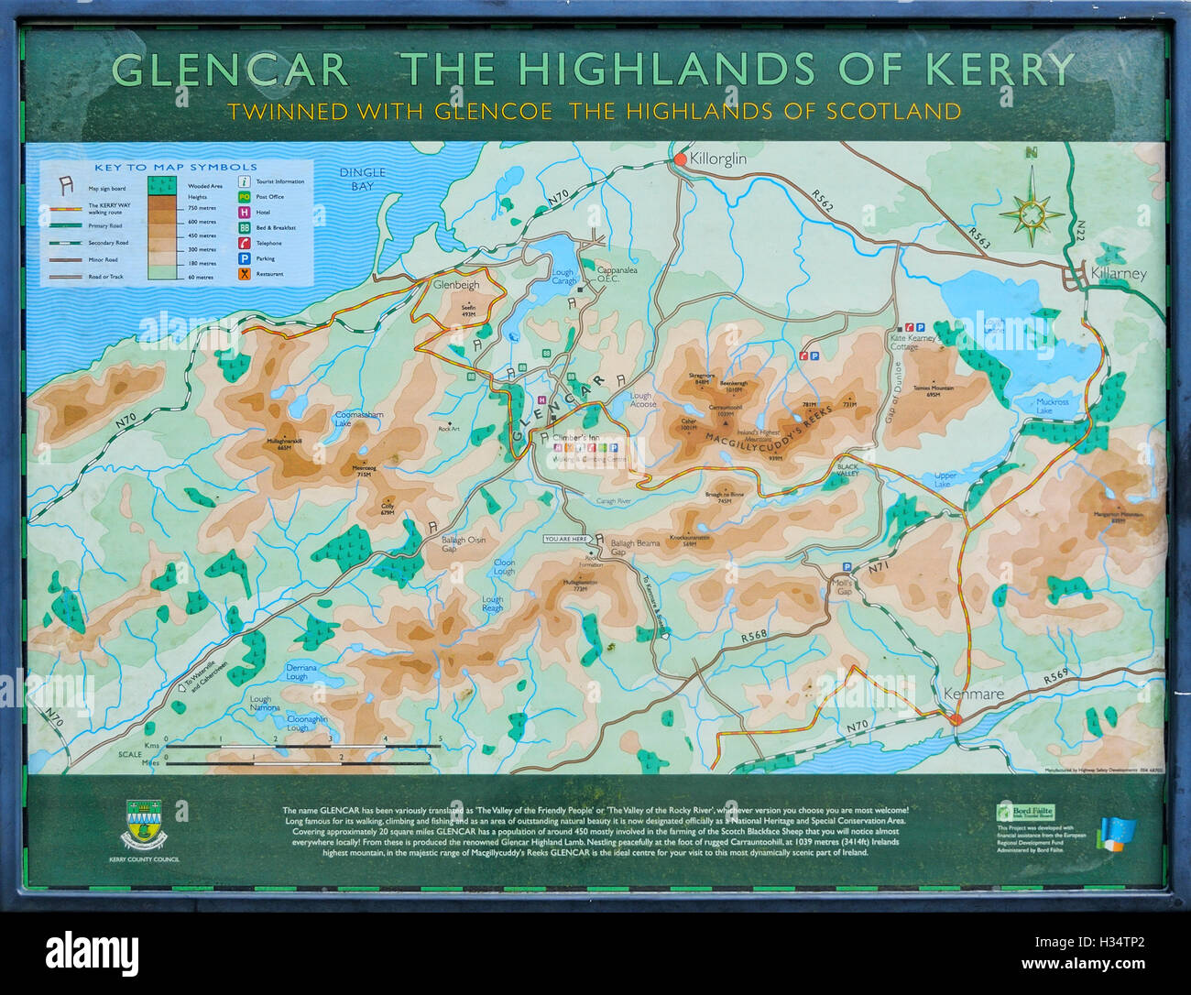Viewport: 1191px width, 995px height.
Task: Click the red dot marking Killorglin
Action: [x=681, y=159]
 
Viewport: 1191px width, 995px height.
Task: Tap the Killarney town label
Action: [x=1118, y=274]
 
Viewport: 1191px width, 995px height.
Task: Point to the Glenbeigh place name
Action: [x=456, y=285]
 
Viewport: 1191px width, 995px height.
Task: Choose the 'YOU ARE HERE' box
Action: [x=567, y=539]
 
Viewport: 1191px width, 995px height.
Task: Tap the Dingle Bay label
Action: [x=362, y=179]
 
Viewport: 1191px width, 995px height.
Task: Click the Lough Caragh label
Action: [x=563, y=276]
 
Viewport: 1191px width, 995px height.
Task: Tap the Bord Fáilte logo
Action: [x=1025, y=812]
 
